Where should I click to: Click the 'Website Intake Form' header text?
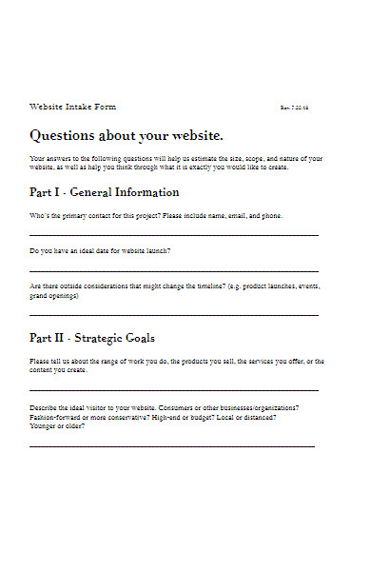point(73,107)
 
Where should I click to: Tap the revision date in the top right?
point(295,108)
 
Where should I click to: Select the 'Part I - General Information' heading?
point(117,192)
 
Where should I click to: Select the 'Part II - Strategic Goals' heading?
point(92,338)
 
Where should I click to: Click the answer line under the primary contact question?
point(174,234)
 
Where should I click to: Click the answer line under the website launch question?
point(174,270)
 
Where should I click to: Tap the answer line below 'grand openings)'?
point(174,314)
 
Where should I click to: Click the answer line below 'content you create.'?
point(174,389)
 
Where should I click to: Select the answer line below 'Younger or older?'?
point(172,445)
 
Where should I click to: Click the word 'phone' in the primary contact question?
point(270,216)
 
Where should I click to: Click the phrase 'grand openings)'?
point(54,296)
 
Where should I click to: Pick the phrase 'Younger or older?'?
point(57,426)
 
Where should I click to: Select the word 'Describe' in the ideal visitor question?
point(46,407)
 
